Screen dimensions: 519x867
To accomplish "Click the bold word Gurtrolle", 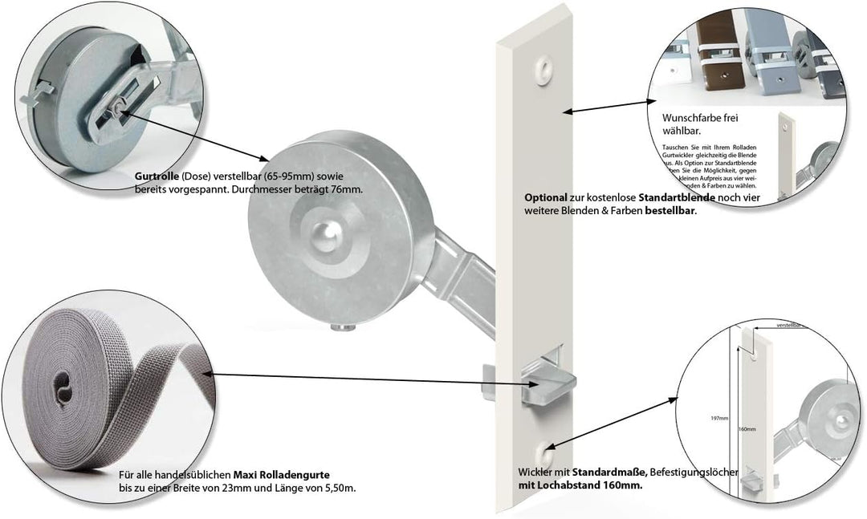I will [154, 177].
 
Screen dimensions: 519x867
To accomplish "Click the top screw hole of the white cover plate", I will [546, 64].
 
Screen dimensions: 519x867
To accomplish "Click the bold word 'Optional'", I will [546, 197].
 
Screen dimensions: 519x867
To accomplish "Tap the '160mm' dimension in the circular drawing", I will [747, 429].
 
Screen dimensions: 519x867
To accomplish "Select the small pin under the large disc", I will [342, 326].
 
